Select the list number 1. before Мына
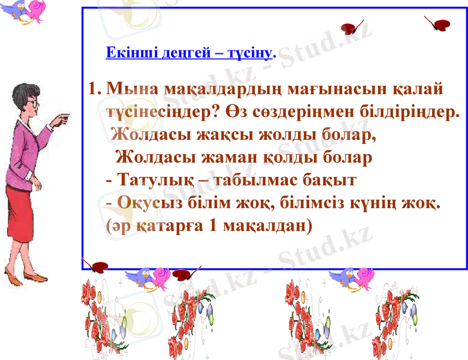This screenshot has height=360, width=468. [94, 91]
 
